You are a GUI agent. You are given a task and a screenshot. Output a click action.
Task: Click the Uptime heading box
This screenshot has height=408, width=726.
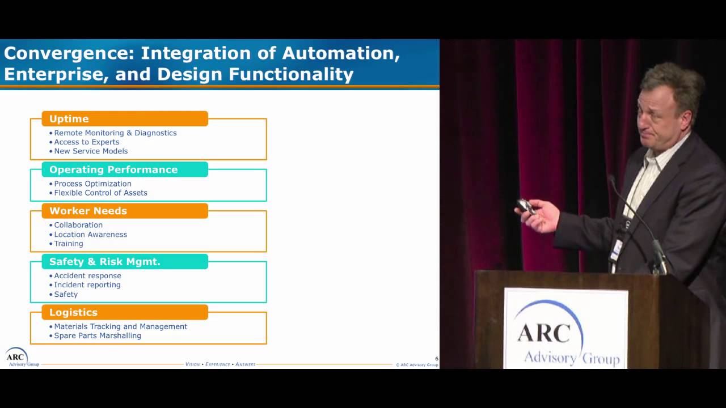125,119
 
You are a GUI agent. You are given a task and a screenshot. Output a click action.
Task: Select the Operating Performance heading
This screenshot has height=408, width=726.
125,169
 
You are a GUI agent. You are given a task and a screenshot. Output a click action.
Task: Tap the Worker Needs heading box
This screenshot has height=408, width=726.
125,211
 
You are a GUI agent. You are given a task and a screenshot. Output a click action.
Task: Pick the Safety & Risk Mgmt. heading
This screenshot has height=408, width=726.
125,262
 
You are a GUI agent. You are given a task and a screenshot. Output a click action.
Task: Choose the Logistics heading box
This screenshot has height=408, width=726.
125,312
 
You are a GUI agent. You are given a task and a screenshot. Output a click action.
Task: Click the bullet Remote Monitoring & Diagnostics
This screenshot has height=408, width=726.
115,133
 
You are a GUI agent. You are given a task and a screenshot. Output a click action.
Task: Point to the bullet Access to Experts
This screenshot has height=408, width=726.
86,142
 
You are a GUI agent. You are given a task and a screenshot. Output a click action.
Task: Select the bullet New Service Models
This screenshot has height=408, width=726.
91,151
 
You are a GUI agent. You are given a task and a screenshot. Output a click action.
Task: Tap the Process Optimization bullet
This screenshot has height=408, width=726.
92,184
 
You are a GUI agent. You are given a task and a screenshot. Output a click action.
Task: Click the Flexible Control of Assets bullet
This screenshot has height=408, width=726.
100,193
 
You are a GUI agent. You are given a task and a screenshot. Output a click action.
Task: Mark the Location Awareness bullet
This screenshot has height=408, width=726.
90,235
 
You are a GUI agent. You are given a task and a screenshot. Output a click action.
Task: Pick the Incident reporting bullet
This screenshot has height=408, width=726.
87,285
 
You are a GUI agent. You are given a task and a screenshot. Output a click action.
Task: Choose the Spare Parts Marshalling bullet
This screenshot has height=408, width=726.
98,336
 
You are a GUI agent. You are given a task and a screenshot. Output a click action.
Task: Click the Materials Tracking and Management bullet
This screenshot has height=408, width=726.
120,326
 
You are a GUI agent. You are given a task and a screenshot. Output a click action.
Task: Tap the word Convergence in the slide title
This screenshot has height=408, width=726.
67,54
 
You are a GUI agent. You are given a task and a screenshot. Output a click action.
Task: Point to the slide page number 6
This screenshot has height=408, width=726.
436,359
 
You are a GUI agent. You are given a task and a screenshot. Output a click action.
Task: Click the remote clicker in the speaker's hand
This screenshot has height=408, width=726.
525,206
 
